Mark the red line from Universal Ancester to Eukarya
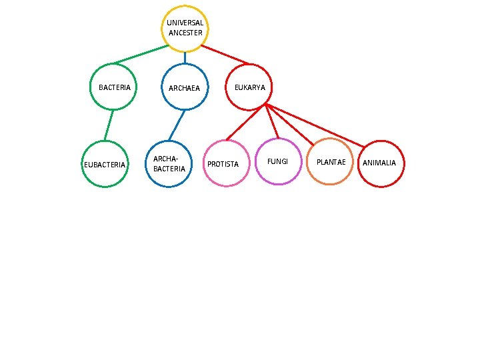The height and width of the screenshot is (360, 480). (x=224, y=55)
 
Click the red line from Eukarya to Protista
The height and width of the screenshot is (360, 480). (x=245, y=123)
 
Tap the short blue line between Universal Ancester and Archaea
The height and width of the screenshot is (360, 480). (x=185, y=58)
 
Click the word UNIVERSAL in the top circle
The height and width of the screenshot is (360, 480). (x=185, y=23)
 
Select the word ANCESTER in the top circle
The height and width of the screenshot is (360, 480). (x=185, y=33)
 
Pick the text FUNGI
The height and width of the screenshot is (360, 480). (x=278, y=161)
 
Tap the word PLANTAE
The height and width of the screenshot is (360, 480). (x=331, y=163)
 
